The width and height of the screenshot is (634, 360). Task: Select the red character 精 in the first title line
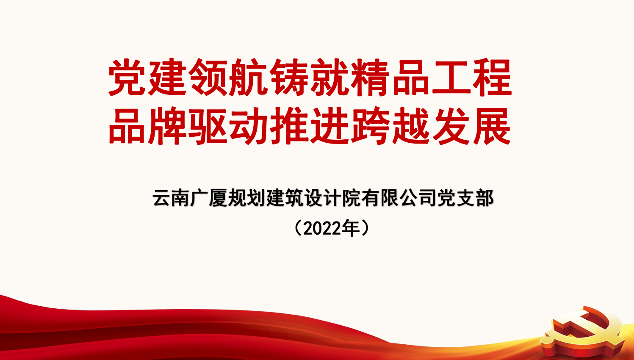370,77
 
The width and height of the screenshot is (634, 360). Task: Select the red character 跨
370,126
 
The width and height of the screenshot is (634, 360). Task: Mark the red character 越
411,126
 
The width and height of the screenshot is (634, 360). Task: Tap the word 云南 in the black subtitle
171,198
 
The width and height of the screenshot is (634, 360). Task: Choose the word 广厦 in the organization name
209,198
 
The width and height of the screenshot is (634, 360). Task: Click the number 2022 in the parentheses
322,228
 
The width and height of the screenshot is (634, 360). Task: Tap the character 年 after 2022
351,228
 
